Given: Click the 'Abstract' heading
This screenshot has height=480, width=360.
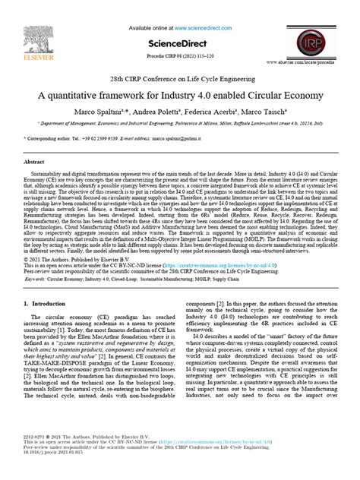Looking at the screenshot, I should tap(36, 162).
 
